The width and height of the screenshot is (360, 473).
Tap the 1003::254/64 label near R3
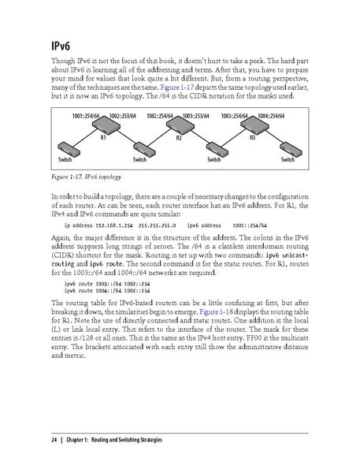click(236, 115)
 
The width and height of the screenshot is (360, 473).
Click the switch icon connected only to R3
click(291, 149)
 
